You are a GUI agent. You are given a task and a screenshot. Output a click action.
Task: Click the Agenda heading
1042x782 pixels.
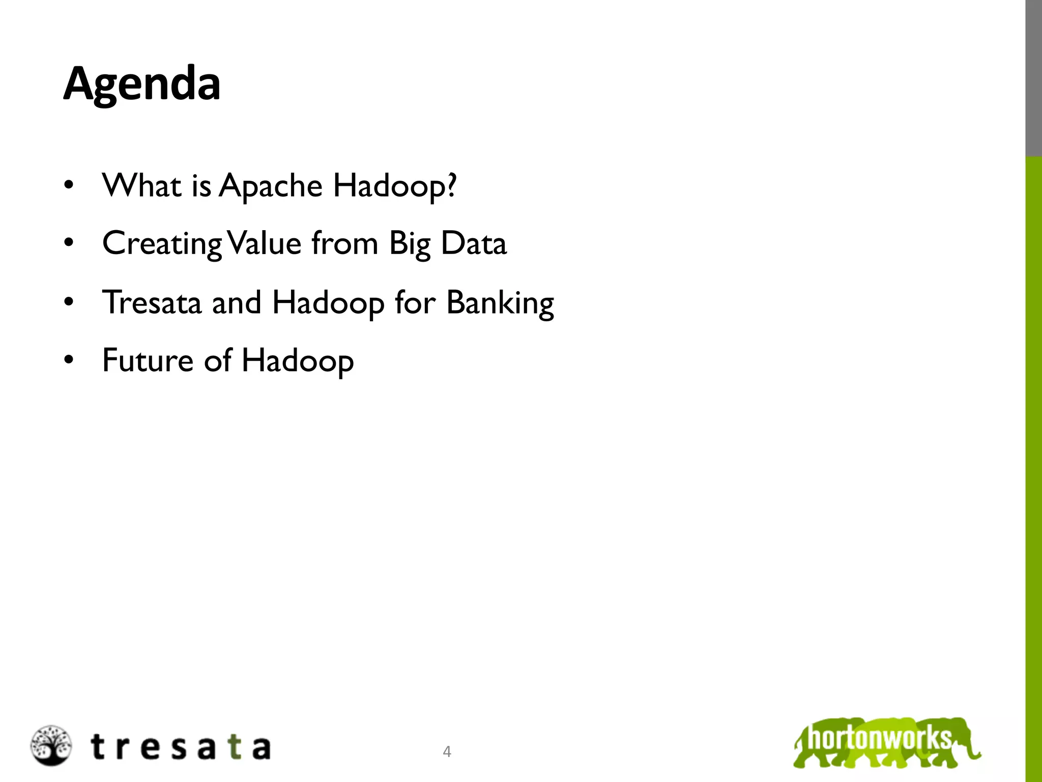tap(142, 84)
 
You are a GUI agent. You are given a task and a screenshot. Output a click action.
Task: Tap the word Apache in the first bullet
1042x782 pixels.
tap(271, 186)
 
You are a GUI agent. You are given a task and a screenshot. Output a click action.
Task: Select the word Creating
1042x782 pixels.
tap(162, 244)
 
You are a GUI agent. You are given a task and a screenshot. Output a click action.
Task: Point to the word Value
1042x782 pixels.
tap(265, 243)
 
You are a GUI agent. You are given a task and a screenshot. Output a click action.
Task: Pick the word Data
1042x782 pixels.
tap(474, 243)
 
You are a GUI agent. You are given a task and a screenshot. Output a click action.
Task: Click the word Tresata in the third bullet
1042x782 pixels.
tap(152, 302)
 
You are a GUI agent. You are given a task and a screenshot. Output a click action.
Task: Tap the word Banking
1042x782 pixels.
tap(500, 303)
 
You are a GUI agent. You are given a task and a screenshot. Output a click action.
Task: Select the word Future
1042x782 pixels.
tap(148, 360)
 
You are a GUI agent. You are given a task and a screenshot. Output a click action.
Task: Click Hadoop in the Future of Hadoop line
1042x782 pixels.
tap(298, 361)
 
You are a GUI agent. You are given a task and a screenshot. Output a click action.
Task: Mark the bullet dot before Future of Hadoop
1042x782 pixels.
tap(69, 360)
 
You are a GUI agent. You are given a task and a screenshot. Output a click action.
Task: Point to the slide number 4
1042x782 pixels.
tap(447, 751)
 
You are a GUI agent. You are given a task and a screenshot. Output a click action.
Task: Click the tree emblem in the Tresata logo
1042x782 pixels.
tap(51, 745)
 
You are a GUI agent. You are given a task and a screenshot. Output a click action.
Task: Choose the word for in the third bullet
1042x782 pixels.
tap(415, 303)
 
